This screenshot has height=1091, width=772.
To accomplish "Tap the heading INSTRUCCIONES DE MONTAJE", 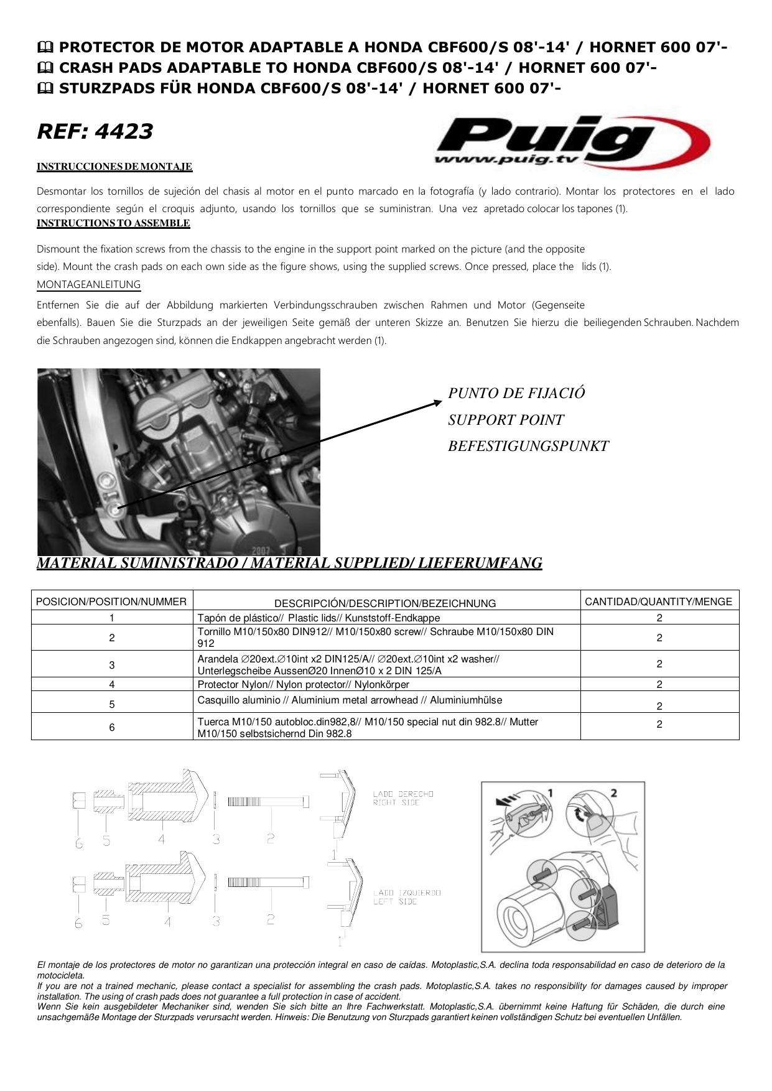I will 114,167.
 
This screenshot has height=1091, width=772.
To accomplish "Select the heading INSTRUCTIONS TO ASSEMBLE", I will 113,223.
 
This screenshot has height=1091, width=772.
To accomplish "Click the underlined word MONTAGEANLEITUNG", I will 88,285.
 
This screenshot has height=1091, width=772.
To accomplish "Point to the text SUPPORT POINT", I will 506,420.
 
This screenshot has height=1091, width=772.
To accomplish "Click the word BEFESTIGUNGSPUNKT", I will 528,446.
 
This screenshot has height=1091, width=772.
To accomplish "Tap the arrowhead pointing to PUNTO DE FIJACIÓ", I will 437,403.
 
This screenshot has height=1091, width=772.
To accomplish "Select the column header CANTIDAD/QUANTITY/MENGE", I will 659,601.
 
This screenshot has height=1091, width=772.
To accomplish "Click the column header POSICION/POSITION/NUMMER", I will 111,601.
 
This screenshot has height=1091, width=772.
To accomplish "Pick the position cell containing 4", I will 111,685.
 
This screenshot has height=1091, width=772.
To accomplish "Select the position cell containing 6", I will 111,727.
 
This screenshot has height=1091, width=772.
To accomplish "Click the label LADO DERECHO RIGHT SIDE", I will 402,798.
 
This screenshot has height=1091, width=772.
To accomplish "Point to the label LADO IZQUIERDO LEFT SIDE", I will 407,897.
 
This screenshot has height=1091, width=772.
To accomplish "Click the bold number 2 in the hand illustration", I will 613,793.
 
